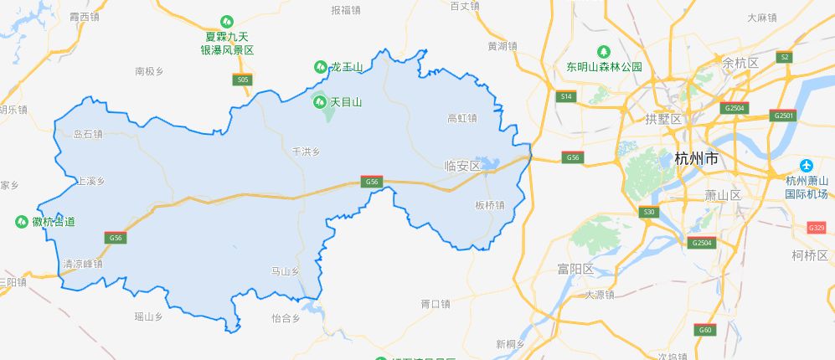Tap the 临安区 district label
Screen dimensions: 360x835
pyautogui.click(x=463, y=166)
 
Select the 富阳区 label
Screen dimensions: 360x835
pyautogui.click(x=575, y=269)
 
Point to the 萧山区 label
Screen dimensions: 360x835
pyautogui.click(x=724, y=195)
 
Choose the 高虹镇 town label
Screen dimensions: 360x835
pyautogui.click(x=462, y=118)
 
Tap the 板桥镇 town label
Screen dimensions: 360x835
pyautogui.click(x=490, y=205)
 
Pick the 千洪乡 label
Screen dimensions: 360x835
pyautogui.click(x=306, y=152)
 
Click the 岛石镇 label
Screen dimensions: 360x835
pyautogui.click(x=88, y=133)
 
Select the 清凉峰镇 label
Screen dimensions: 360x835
pyautogui.click(x=82, y=264)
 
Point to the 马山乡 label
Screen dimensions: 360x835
pyautogui.click(x=286, y=271)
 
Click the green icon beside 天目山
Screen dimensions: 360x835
pyautogui.click(x=320, y=102)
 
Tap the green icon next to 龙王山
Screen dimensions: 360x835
pyautogui.click(x=320, y=66)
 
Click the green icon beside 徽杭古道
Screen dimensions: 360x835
pyautogui.click(x=22, y=222)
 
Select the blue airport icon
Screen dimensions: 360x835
pyautogui.click(x=807, y=165)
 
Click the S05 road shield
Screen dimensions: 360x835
pyautogui.click(x=242, y=80)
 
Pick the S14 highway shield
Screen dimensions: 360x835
pyautogui.click(x=567, y=97)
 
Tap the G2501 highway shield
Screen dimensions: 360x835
pyautogui.click(x=785, y=115)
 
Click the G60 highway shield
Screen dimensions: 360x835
pyautogui.click(x=705, y=330)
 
